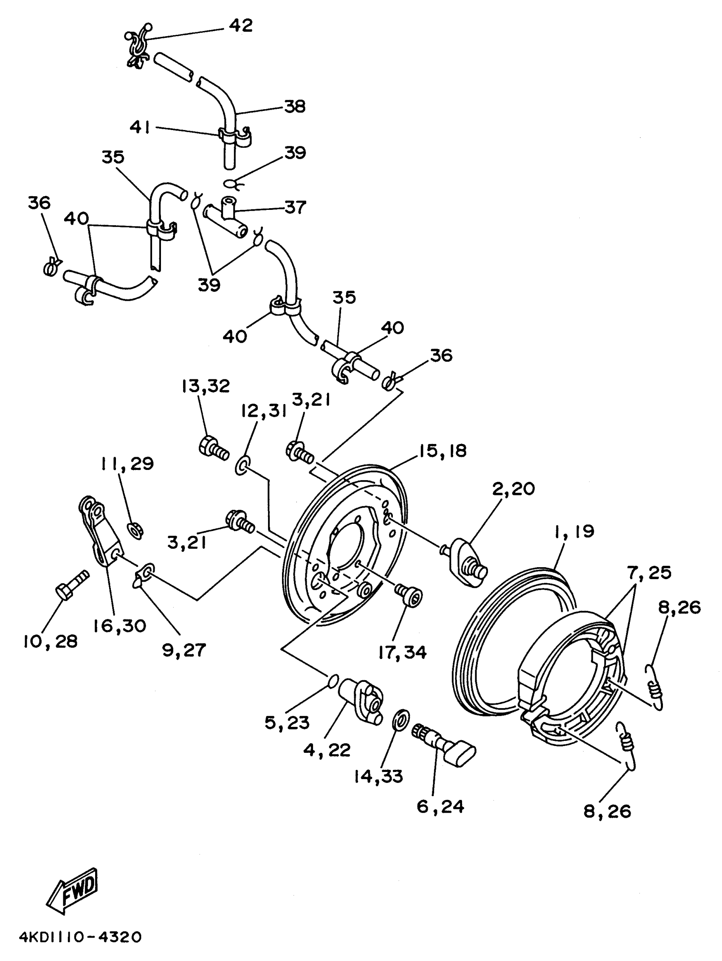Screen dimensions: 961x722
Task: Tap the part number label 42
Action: (x=241, y=25)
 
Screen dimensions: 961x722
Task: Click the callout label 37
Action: (x=296, y=207)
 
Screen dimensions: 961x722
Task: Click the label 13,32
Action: (x=206, y=386)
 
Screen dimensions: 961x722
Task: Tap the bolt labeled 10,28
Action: (x=72, y=584)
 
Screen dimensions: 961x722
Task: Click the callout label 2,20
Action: (x=513, y=489)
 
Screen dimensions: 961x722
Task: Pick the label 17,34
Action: (x=402, y=652)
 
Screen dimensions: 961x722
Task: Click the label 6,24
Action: (x=440, y=807)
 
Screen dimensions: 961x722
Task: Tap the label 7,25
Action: (x=649, y=573)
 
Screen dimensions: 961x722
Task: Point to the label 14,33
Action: (x=378, y=776)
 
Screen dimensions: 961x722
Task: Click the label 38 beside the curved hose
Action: (x=295, y=106)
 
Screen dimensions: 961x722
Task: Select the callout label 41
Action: (x=140, y=127)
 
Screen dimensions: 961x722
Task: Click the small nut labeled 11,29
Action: (x=135, y=531)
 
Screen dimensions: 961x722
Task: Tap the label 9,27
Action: (x=184, y=650)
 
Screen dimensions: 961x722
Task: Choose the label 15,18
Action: (x=442, y=450)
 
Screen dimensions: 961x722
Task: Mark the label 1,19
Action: (x=574, y=531)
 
